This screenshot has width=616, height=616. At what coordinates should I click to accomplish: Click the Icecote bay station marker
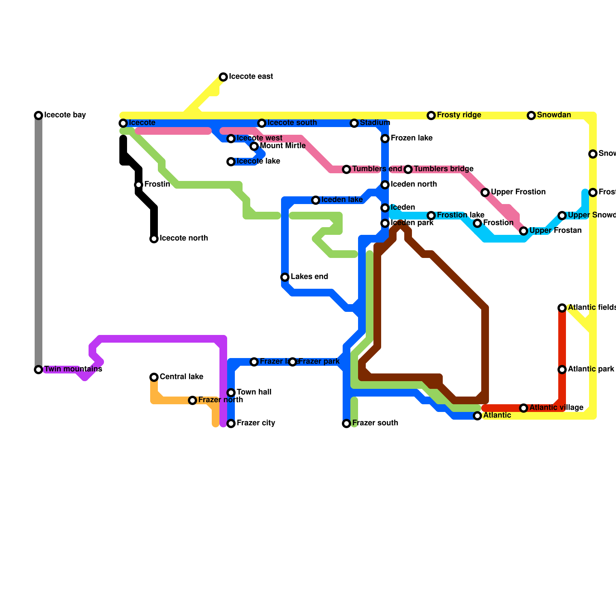[x=38, y=115]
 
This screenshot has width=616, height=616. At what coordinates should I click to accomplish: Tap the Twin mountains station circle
[x=38, y=370]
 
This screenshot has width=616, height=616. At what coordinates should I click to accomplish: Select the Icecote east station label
[x=251, y=77]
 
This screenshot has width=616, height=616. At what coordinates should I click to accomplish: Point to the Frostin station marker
[x=139, y=185]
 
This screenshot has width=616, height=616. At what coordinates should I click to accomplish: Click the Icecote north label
[x=184, y=238]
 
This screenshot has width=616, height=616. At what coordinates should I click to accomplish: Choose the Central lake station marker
[x=154, y=377]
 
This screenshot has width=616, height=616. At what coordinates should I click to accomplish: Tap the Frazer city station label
[x=256, y=423]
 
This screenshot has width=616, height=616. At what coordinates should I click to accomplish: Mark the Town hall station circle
[x=231, y=393]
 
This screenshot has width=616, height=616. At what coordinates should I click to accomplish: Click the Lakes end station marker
[x=285, y=277]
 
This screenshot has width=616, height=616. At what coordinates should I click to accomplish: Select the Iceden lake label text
[x=342, y=200]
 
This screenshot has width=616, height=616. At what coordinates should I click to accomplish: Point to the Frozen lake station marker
[x=385, y=139]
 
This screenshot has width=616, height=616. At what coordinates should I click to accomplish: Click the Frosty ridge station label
[x=459, y=115]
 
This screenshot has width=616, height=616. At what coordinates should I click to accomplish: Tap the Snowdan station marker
[x=531, y=115]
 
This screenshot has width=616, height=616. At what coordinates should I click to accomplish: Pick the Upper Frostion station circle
[x=485, y=192]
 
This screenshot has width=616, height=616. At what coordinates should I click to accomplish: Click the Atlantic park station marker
[x=562, y=370]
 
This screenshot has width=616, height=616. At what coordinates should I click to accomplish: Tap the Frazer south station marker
[x=346, y=423]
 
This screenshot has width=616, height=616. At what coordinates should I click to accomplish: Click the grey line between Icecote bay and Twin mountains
[x=38, y=243]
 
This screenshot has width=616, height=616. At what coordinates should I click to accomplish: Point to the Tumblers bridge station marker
[x=408, y=169]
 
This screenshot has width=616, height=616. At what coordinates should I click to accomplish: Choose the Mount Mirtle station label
[x=283, y=146]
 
